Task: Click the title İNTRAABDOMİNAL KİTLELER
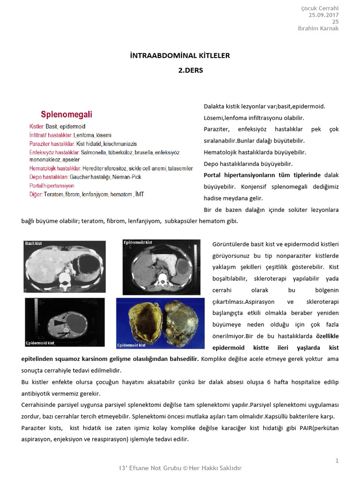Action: click(180, 56)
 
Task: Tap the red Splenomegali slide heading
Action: click(66, 114)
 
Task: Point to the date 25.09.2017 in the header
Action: click(323, 15)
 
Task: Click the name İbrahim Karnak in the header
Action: click(318, 29)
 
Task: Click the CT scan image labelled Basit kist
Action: click(65, 266)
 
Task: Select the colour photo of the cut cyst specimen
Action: click(160, 323)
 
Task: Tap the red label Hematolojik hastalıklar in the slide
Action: click(55, 168)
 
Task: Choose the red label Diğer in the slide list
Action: click(36, 194)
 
